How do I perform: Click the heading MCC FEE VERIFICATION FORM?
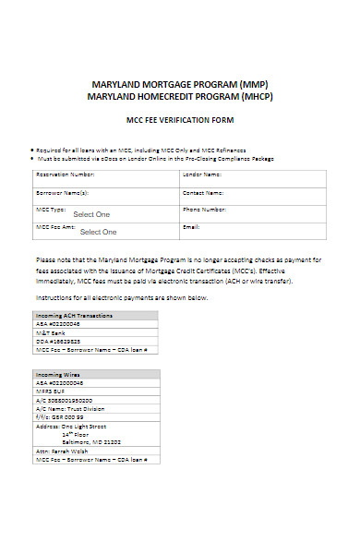(179, 120)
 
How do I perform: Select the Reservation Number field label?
(65, 174)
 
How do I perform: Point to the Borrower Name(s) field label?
(62, 193)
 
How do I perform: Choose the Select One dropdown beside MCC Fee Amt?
(98, 232)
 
